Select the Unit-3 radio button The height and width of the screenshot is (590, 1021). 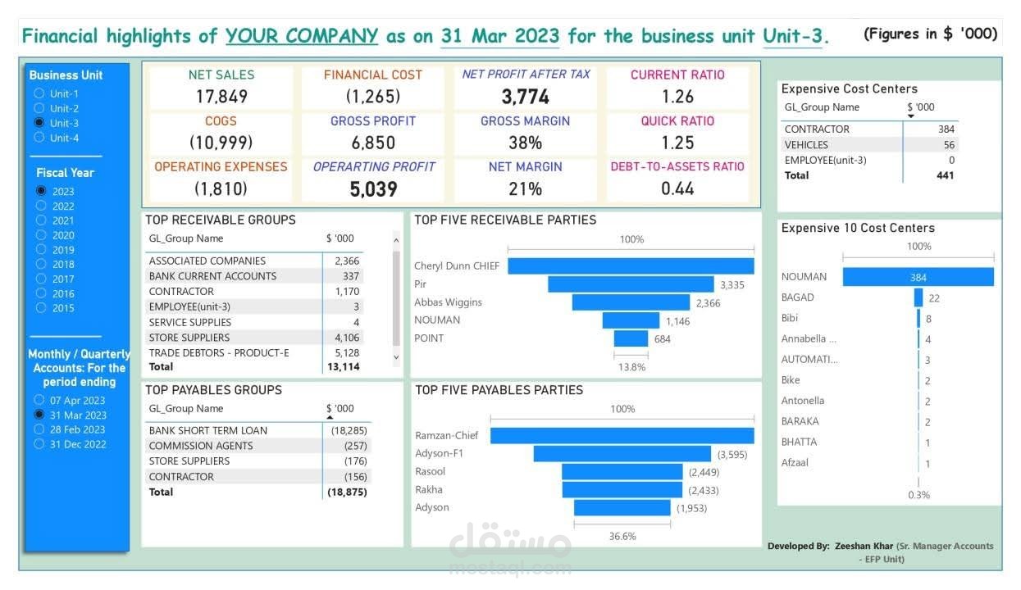coord(39,123)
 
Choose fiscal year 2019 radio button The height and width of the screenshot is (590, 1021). coord(41,250)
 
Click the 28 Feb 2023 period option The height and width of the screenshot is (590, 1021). coord(39,429)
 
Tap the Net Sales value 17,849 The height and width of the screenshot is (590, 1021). coord(221,97)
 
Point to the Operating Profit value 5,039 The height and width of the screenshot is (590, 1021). coord(373,189)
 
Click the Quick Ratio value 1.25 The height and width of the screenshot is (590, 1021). coord(677,143)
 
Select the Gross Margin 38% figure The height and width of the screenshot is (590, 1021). coord(525,143)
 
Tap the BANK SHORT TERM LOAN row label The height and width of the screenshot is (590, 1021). coord(208,430)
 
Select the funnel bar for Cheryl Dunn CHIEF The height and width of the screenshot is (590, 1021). coord(631,265)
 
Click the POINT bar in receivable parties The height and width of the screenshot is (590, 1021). coord(631,338)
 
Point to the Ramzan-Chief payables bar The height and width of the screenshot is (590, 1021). coord(622,436)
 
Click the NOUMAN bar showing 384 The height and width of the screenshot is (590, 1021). coord(918,277)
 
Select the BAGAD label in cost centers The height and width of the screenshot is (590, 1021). coord(798,297)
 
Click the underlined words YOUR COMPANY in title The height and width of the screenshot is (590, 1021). coord(302,36)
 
